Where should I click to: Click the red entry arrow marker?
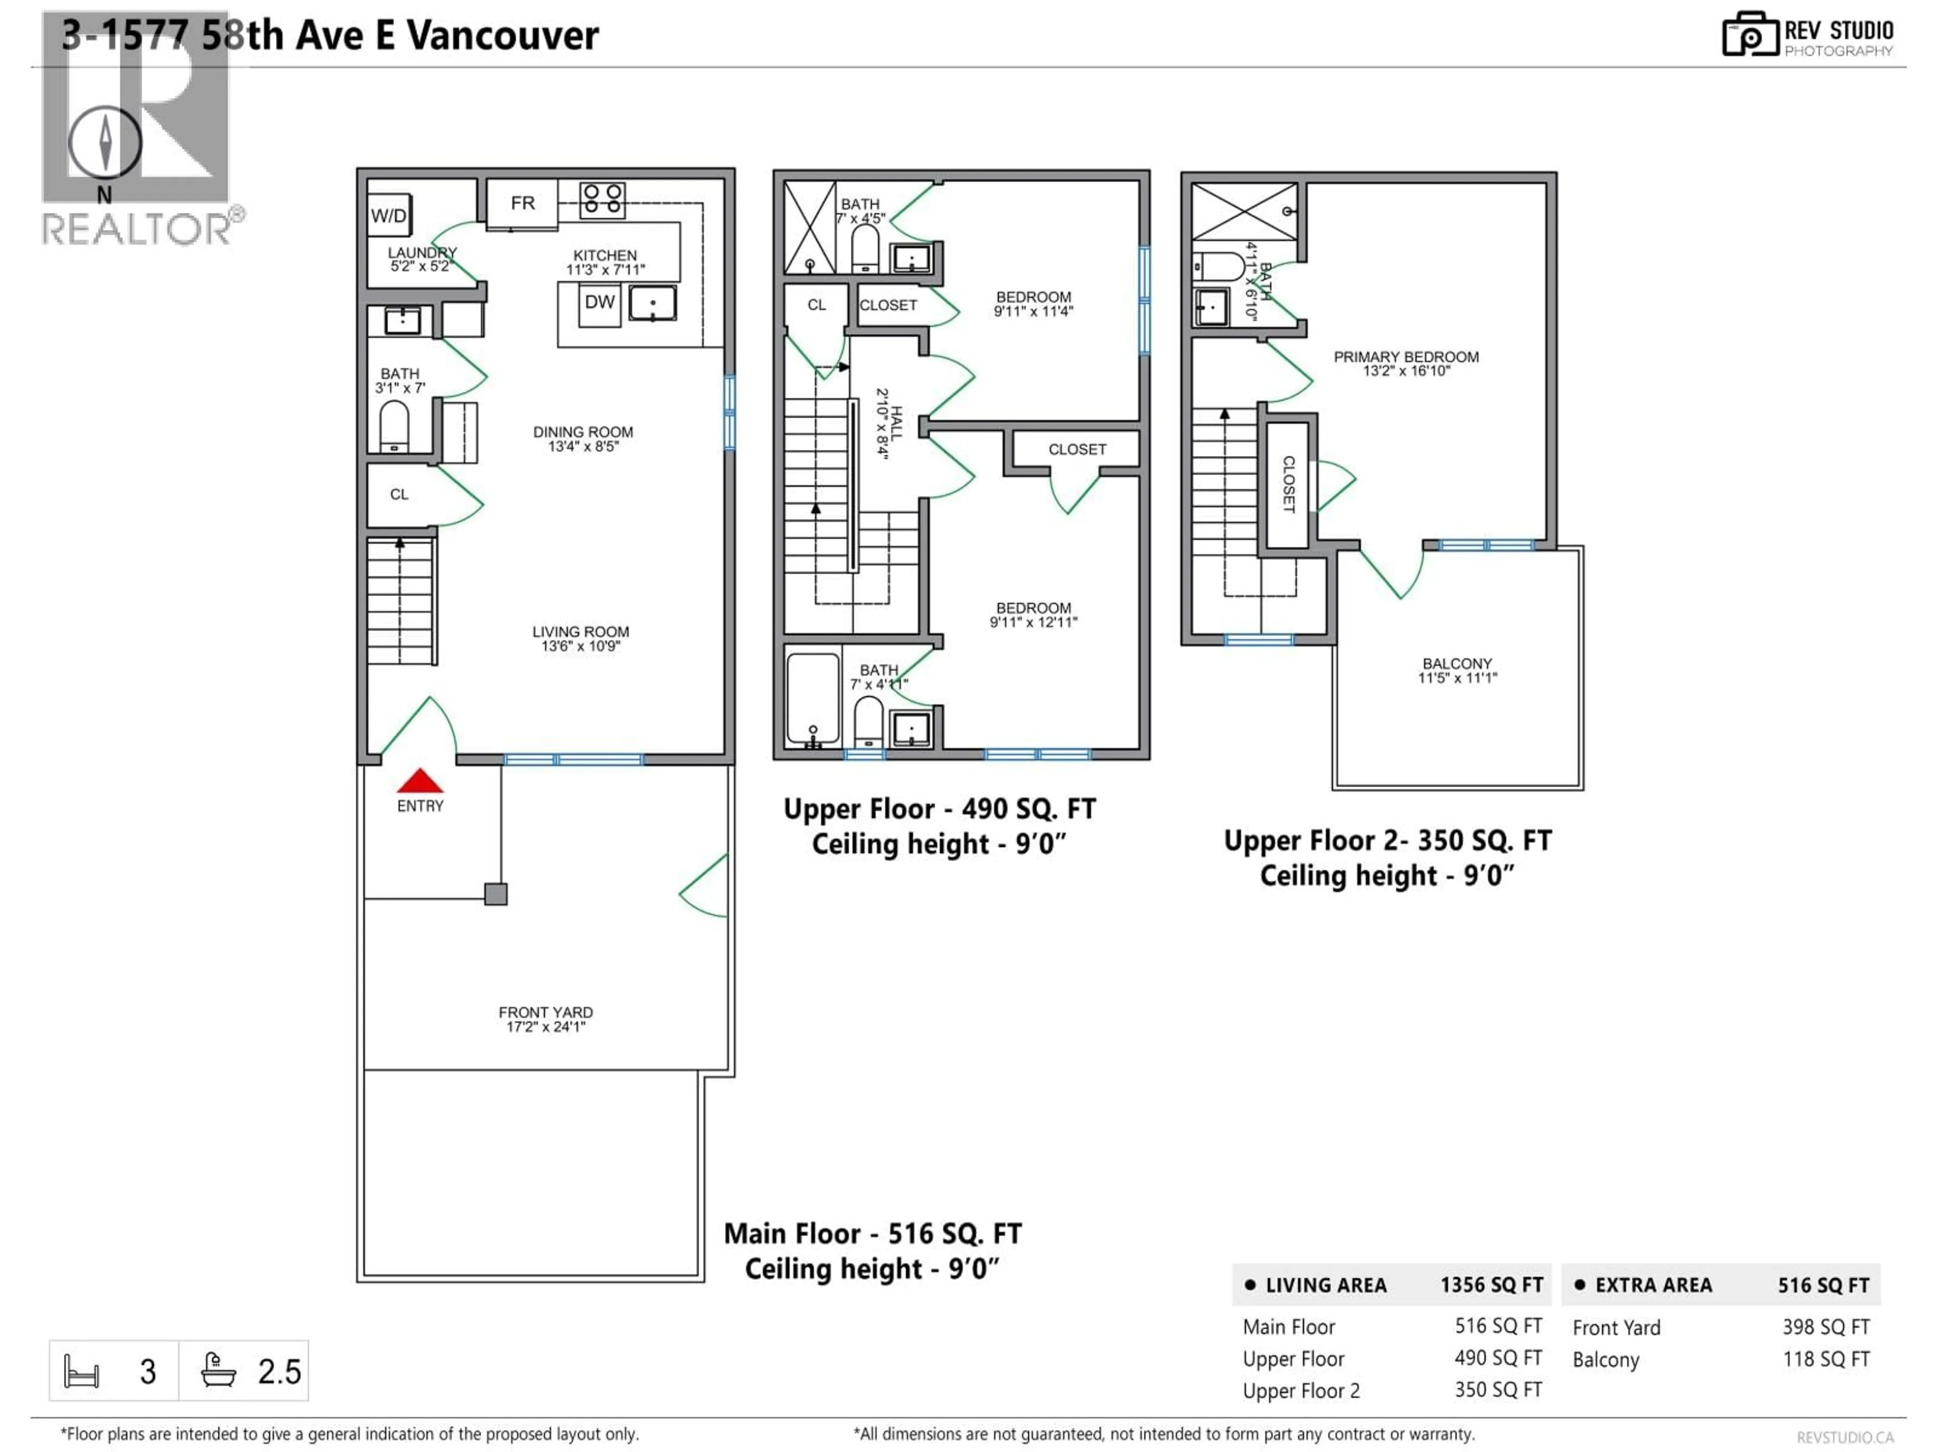click(420, 780)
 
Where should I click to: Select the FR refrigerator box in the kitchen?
click(522, 203)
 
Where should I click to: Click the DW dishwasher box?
click(600, 303)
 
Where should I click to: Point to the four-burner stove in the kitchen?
click(602, 199)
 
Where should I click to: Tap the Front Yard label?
click(546, 1013)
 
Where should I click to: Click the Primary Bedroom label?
click(1405, 357)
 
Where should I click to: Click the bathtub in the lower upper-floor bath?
click(813, 698)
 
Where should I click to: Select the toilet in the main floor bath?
click(394, 426)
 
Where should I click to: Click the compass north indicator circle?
click(105, 142)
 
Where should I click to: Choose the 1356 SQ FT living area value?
click(1491, 1285)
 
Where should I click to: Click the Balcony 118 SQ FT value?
click(1826, 1359)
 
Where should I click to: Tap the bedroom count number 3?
click(148, 1371)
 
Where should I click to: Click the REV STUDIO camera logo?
click(1749, 35)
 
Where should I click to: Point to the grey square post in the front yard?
click(496, 893)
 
